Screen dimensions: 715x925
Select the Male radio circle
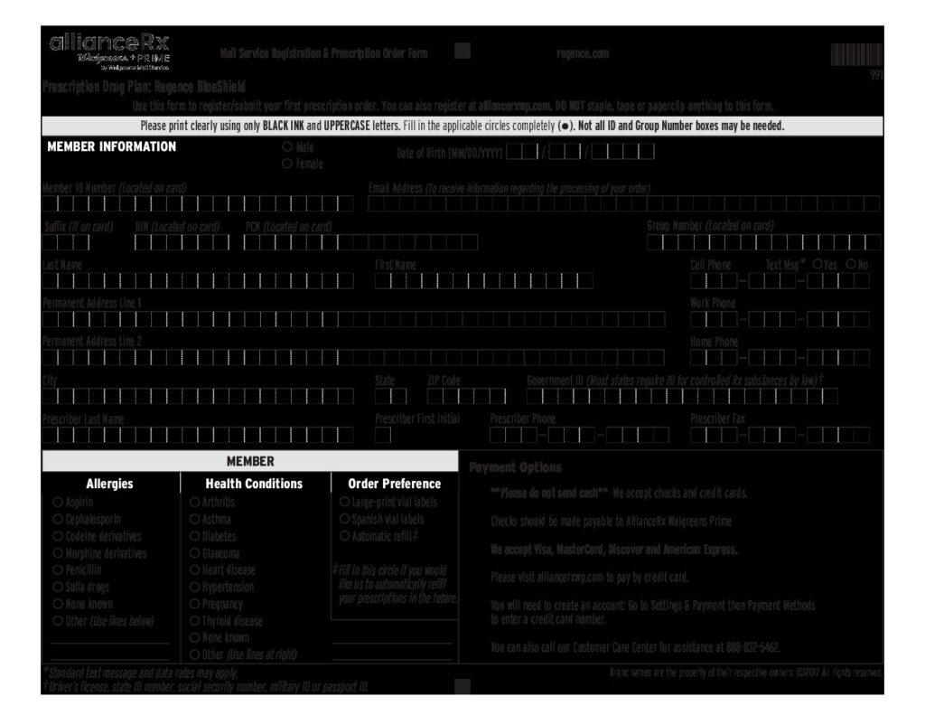pos(287,146)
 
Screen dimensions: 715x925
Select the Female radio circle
pos(287,164)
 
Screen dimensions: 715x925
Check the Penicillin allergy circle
pos(58,570)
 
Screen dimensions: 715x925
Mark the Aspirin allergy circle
pos(58,502)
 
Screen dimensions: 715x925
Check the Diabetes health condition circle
pos(194,536)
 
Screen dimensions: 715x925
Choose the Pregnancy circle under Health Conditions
pos(194,605)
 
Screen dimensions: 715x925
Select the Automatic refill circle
pos(343,536)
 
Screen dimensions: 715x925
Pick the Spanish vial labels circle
pos(343,519)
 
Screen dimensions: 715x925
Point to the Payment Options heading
pos(515,467)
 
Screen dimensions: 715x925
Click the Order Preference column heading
pos(394,484)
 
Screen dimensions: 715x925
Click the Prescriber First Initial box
pos(383,436)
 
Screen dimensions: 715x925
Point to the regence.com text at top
pos(583,53)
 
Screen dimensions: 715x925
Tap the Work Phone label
pos(713,303)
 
